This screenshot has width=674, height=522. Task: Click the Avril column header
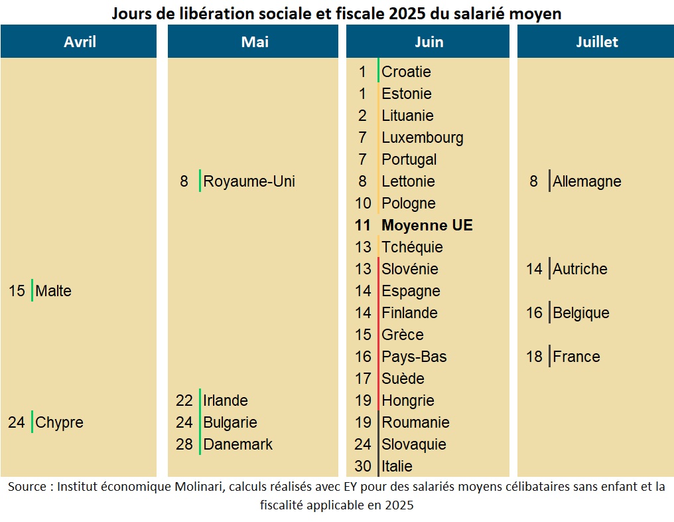[80, 42]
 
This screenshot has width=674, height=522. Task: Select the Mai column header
[255, 42]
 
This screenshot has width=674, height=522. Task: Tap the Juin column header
[429, 42]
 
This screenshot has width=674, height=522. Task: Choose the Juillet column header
[596, 42]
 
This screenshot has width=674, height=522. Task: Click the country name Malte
[54, 291]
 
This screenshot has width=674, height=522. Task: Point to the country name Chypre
[60, 422]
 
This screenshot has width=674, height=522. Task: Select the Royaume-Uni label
[249, 181]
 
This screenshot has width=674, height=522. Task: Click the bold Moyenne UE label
[427, 225]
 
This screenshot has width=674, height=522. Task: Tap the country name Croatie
[406, 72]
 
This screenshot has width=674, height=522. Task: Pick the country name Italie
[397, 466]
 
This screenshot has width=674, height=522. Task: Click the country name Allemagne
[587, 181]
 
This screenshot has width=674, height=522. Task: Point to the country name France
[576, 357]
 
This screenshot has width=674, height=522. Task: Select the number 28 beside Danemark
[184, 444]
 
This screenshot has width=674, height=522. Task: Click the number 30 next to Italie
[363, 466]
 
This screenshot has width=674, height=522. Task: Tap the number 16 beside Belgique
[534, 313]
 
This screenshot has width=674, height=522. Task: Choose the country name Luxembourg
[423, 137]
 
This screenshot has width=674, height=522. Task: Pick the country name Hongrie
[408, 400]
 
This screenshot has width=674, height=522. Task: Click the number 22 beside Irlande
[184, 400]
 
